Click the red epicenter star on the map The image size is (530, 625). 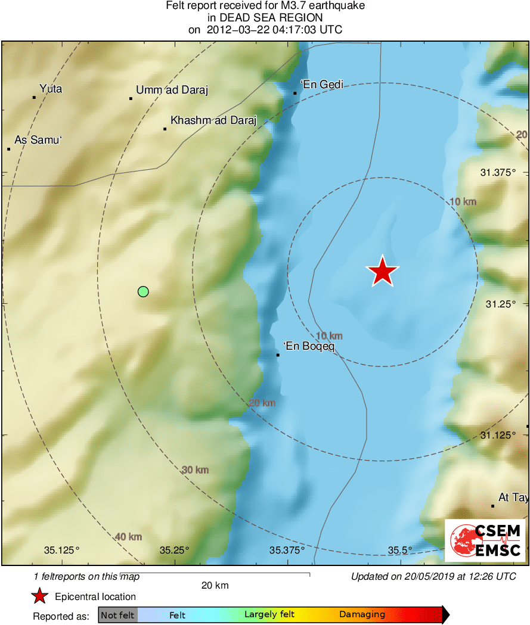point(382,271)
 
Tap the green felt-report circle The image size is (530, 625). point(143,291)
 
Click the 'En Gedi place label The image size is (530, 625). point(322,85)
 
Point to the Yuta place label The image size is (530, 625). point(51,89)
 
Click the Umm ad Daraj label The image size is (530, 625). point(172,90)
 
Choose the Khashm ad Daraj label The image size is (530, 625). point(213,120)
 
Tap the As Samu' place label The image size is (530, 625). point(38,140)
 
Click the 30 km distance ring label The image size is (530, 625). point(195,470)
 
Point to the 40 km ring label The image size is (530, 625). point(128,537)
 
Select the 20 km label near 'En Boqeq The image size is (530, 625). point(262,403)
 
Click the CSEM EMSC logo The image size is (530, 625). point(485,540)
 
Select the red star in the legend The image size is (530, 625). point(39,596)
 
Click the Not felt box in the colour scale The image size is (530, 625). point(117,615)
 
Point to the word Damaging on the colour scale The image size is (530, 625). point(362,615)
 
